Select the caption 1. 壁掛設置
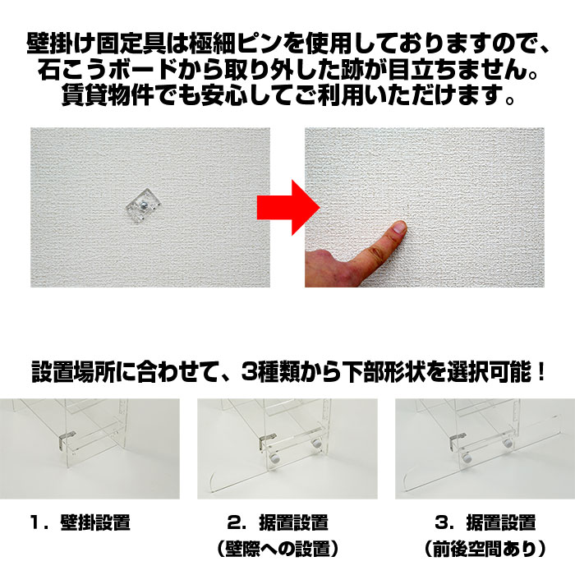point(80,522)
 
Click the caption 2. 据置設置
point(278,522)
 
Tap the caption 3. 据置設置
point(485,522)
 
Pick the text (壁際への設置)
point(278,549)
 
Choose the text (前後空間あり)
point(485,549)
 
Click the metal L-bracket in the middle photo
point(266,441)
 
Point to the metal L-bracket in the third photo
point(457,440)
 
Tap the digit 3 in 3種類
point(248,372)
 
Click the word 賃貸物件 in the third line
point(107,95)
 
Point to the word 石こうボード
point(107,70)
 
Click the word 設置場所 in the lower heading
point(73,372)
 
